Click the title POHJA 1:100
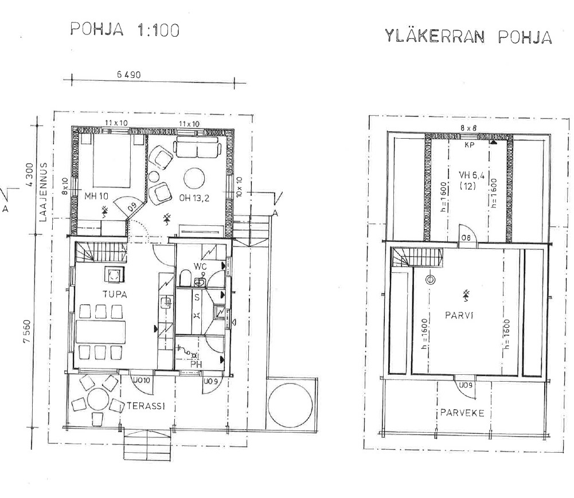[x=124, y=29]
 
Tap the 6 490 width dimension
[x=128, y=75]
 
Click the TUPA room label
[x=115, y=294]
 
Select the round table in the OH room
[x=194, y=178]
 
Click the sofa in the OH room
[x=197, y=148]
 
